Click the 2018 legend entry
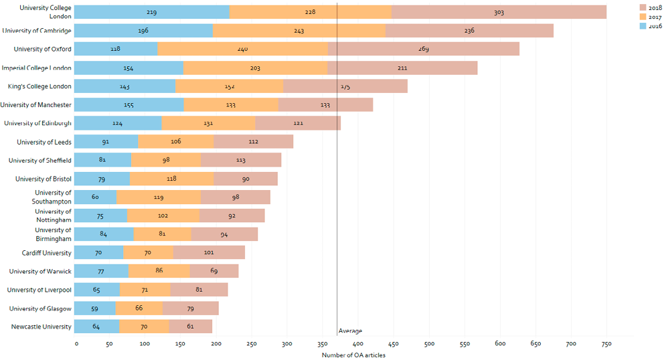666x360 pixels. (653, 7)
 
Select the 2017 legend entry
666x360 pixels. (653, 16)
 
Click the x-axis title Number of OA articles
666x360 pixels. (353, 355)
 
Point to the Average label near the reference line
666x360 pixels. (350, 331)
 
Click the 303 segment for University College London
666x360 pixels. (499, 12)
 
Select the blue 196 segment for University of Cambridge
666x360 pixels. (143, 30)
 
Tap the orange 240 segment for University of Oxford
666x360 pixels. (242, 49)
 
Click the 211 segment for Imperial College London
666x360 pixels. (402, 68)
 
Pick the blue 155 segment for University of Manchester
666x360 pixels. (129, 104)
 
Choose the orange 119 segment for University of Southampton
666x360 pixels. (159, 197)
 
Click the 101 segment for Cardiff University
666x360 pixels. (209, 252)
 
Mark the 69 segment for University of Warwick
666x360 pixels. (214, 271)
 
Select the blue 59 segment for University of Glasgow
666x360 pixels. (94, 308)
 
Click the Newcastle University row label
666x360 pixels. (41, 327)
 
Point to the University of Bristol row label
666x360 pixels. (44, 179)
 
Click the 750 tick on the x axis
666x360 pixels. (605, 344)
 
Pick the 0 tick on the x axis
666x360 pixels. (76, 344)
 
